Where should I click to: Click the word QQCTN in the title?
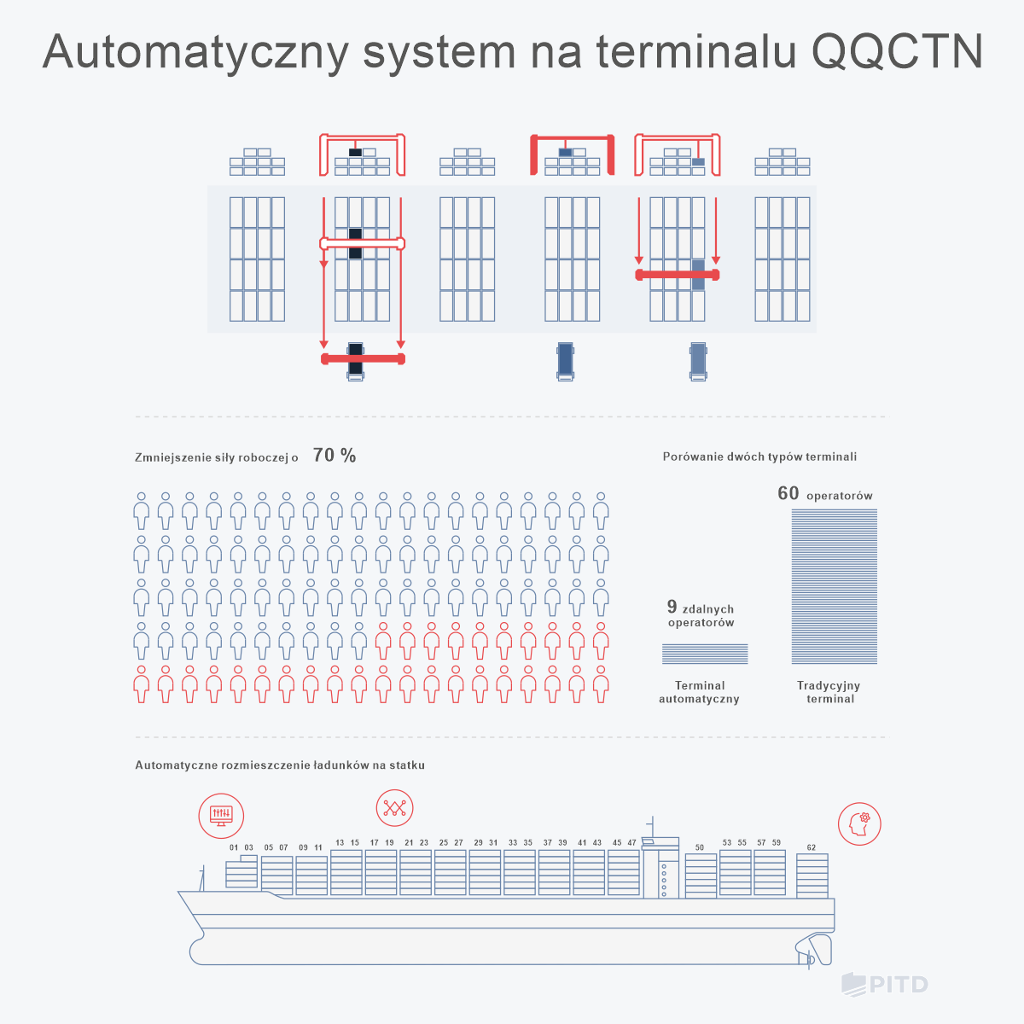point(897,52)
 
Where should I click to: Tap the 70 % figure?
point(335,456)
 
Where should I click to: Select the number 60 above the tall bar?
point(788,493)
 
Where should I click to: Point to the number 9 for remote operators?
point(672,607)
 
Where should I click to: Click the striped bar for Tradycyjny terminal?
point(834,586)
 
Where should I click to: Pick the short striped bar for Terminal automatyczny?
point(705,654)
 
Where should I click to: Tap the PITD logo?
point(885,984)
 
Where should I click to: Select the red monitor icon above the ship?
point(221,814)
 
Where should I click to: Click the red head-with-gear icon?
point(859,824)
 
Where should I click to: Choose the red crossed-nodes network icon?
point(394,807)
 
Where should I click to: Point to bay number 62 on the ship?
point(812,848)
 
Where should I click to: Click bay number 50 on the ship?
point(700,848)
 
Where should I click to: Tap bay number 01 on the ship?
point(234,848)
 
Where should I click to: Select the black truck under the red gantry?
point(356,360)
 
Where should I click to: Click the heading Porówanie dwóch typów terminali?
point(759,457)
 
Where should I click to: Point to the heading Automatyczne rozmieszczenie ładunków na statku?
point(280,765)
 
